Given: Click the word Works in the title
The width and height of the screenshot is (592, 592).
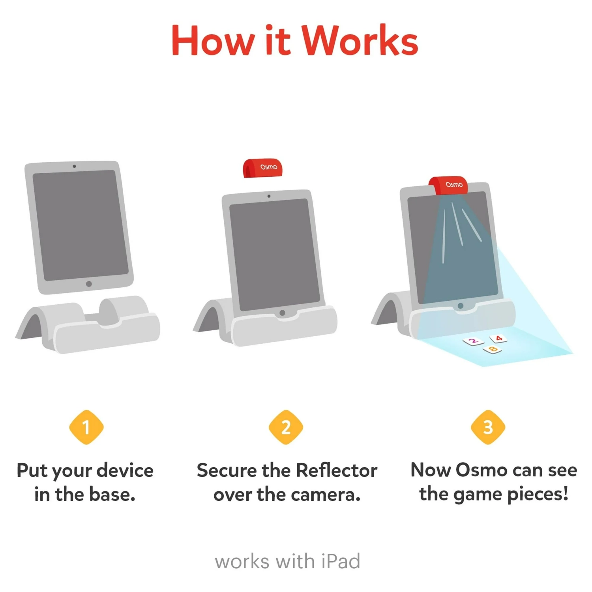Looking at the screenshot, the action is point(360,41).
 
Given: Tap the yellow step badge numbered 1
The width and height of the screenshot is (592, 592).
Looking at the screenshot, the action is point(86,427).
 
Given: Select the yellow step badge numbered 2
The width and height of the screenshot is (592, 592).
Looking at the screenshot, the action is point(286,427).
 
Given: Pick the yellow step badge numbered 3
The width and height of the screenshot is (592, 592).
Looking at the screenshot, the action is point(488,427).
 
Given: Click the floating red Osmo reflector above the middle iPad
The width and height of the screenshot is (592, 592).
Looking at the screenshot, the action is point(262,168).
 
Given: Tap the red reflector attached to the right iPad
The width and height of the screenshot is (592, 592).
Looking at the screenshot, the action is point(449,185).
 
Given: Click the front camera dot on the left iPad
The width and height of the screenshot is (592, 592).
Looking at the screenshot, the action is point(74,166).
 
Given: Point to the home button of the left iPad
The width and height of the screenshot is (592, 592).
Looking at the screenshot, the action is point(89,284).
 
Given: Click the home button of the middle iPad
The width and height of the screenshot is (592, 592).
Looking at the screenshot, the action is point(282,313).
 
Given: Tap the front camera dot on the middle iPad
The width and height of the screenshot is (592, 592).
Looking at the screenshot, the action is point(269,196).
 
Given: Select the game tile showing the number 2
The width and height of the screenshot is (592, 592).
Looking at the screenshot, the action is point(474,341).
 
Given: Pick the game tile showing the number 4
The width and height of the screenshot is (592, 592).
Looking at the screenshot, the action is point(498,339).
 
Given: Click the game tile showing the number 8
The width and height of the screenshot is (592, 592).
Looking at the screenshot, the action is point(493,349).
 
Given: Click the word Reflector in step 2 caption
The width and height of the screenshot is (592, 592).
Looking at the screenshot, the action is point(337,470).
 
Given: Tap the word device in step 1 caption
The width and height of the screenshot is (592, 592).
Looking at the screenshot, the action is point(125,470).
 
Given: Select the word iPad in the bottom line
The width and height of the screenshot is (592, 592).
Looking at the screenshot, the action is point(341,561).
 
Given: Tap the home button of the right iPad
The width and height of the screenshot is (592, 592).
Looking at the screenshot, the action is point(460,306).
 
